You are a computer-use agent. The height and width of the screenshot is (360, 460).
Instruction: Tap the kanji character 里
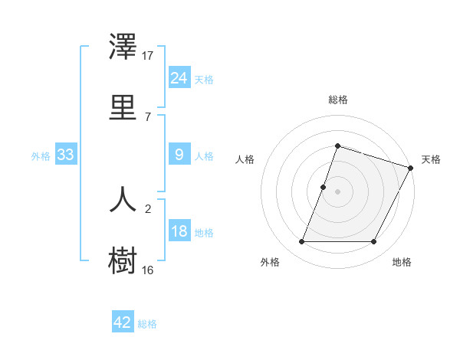(x=123, y=106)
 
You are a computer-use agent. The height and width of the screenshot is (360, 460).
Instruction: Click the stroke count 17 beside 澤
(x=148, y=55)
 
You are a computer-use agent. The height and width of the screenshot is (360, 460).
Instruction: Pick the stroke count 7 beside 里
(x=148, y=116)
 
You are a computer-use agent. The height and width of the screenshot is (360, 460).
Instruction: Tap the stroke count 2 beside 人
(x=148, y=208)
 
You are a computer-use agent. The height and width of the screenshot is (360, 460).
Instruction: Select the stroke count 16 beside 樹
(x=148, y=270)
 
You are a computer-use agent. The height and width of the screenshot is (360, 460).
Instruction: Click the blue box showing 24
(x=179, y=78)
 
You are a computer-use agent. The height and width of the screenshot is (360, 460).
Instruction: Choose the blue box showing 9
(x=179, y=155)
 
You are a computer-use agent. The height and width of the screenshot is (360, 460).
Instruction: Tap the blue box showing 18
(x=179, y=231)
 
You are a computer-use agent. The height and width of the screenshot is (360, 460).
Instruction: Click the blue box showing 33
(x=66, y=155)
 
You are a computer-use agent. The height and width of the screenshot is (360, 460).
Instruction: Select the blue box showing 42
(x=123, y=322)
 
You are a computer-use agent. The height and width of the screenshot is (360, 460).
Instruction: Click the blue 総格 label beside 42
(x=147, y=324)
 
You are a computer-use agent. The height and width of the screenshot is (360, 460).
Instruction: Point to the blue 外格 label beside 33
(x=41, y=156)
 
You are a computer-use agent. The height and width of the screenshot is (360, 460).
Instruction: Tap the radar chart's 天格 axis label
(x=431, y=159)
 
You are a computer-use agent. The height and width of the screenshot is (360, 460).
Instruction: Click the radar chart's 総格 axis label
(x=338, y=100)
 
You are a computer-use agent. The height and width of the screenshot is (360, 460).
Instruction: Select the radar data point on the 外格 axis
(x=302, y=242)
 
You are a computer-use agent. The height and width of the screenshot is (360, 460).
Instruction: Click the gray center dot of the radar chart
(x=338, y=191)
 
